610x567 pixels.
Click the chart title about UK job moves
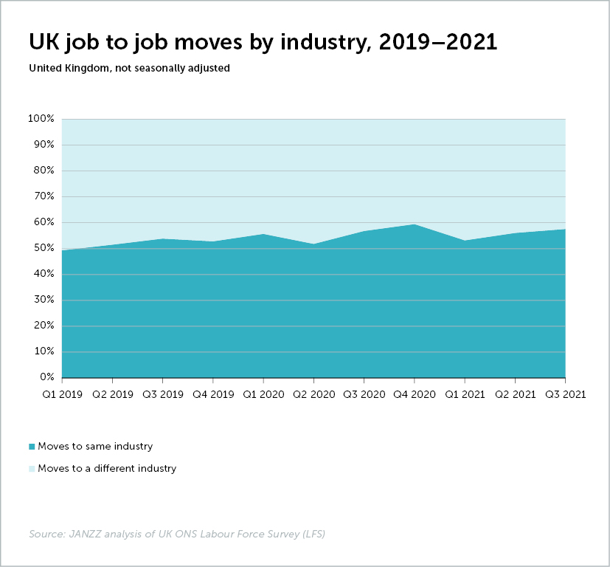[263, 42]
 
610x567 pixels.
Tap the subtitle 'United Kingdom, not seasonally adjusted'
[129, 68]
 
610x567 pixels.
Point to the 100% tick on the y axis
[41, 119]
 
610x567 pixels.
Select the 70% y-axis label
[43, 196]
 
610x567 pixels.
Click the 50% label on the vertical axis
[43, 248]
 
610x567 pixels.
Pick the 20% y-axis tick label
[43, 326]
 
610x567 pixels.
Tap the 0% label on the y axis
[46, 377]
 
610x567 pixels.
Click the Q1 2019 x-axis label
[62, 394]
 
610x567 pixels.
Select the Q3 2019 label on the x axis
[163, 394]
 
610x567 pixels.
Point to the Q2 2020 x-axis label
[313, 394]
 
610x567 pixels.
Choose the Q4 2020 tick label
[415, 394]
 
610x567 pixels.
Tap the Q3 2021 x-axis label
[565, 394]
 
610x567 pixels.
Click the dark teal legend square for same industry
[32, 447]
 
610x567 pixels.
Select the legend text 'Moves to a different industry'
[107, 468]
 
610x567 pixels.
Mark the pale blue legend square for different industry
[32, 468]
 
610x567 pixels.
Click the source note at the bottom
[177, 533]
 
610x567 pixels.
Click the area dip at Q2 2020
[313, 244]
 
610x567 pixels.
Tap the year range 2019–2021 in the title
[437, 42]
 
